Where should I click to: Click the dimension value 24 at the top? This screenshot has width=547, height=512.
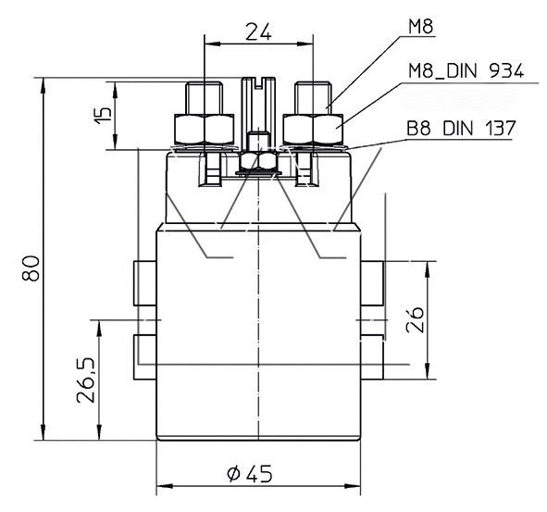(257, 31)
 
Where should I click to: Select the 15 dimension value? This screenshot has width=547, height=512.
(104, 115)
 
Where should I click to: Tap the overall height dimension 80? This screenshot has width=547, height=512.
(30, 270)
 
